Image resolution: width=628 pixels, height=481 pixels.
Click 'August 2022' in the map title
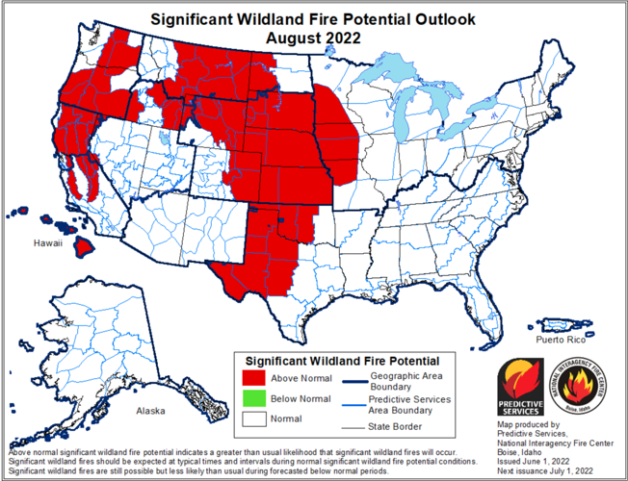coord(314,38)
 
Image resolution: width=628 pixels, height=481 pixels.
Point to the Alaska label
coord(150,411)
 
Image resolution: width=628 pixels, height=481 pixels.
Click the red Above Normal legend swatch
coord(253,377)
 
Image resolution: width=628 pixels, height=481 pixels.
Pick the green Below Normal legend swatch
coord(253,398)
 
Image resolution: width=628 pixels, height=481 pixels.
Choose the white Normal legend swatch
coord(253,419)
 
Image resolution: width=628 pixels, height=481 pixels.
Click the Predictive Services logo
coord(521,386)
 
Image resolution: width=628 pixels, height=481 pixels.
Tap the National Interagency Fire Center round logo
coord(583,386)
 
